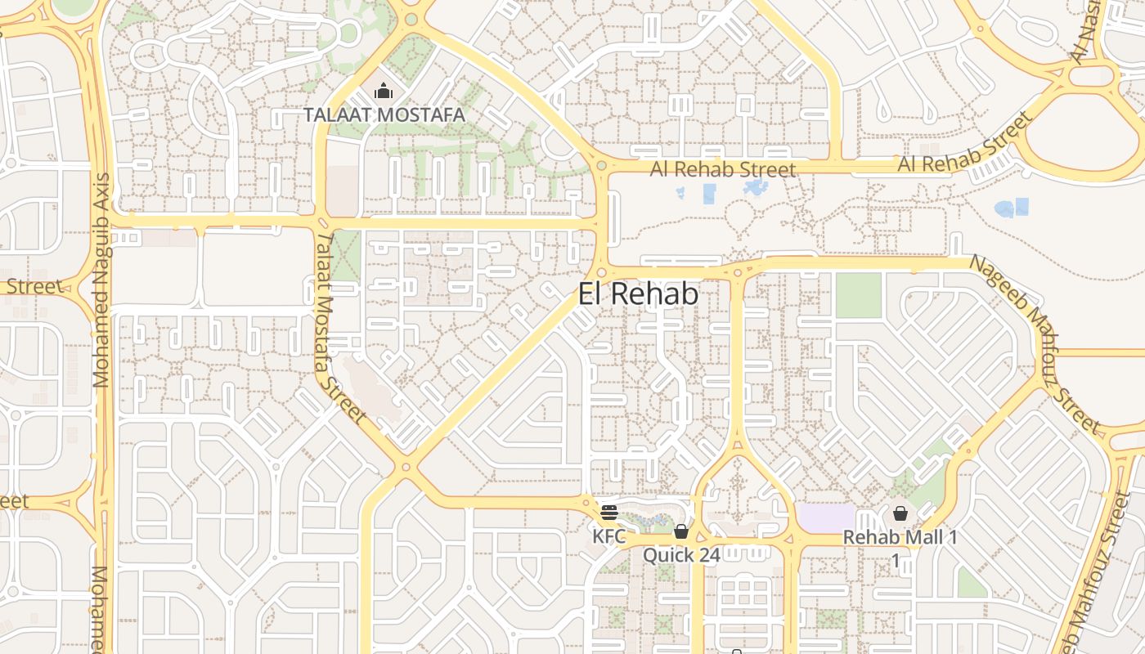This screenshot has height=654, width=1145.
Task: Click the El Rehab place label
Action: tap(638, 294)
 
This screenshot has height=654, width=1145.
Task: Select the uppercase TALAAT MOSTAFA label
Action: tap(384, 114)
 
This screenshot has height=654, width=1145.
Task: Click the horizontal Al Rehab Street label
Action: tap(723, 170)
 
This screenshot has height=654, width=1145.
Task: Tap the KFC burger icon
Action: tap(608, 513)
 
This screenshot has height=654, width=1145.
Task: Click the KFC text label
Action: tap(609, 537)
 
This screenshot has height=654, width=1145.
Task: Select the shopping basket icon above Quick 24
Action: tap(681, 531)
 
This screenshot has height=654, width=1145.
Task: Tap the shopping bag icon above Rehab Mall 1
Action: tap(900, 513)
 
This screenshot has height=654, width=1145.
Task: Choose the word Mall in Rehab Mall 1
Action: tap(914, 538)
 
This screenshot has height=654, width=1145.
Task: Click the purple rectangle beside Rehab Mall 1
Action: tap(824, 517)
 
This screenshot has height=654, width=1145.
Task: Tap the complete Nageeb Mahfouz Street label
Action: tap(1035, 343)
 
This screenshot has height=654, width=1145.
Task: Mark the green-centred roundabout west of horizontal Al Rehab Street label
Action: tap(602, 167)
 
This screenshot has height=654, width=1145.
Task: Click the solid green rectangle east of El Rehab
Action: tap(859, 295)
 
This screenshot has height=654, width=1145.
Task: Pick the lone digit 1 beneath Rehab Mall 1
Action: tap(896, 561)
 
